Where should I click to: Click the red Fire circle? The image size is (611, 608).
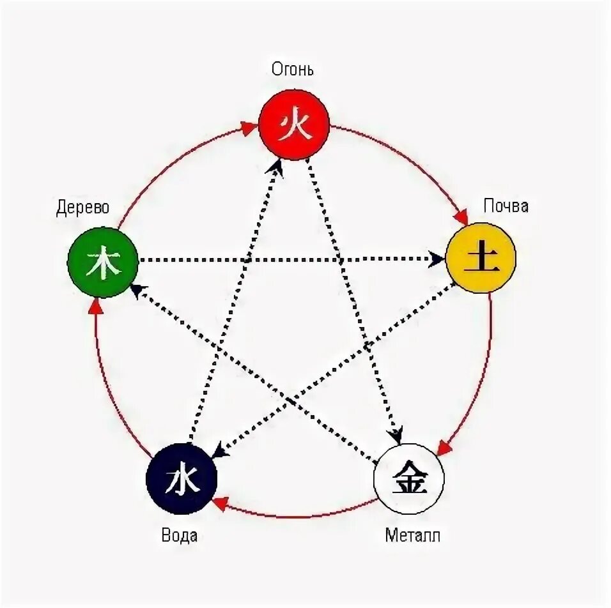[294, 125]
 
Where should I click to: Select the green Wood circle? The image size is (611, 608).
[103, 262]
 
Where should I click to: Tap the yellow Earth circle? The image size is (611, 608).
[481, 258]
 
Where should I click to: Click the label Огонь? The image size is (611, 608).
[293, 68]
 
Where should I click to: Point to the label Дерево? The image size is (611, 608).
[82, 208]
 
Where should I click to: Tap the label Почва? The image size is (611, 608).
[506, 206]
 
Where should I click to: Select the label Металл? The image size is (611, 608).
[412, 535]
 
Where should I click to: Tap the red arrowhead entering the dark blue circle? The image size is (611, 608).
[220, 503]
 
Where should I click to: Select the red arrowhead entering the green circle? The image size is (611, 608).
[95, 307]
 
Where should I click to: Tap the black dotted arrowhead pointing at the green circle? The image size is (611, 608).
[136, 290]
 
